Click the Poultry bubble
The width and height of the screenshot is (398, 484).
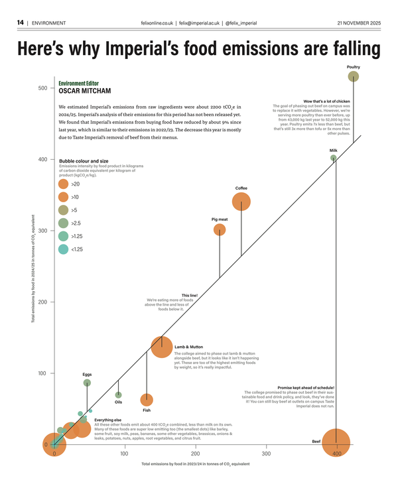pyautogui.click(x=354, y=77)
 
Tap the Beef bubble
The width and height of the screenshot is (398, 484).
pyautogui.click(x=336, y=444)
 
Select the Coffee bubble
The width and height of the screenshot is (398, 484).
pyautogui.click(x=241, y=202)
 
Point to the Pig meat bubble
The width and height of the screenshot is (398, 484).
pyautogui.click(x=220, y=229)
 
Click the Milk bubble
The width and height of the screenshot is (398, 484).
pyautogui.click(x=334, y=158)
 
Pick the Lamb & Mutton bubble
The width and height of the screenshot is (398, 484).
pyautogui.click(x=162, y=347)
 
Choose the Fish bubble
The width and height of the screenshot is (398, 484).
pyautogui.click(x=147, y=400)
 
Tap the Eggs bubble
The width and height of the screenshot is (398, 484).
pyautogui.click(x=87, y=383)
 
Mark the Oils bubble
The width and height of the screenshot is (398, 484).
pyautogui.click(x=119, y=395)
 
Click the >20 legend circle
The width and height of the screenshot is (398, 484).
pyautogui.click(x=64, y=184)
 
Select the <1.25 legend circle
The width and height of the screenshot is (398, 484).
pyautogui.click(x=64, y=249)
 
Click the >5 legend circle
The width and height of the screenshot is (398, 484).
pyautogui.click(x=64, y=210)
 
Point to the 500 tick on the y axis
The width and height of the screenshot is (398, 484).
pyautogui.click(x=42, y=88)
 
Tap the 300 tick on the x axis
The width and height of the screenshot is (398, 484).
pyautogui.click(x=266, y=454)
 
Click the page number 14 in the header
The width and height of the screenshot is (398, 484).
pyautogui.click(x=21, y=23)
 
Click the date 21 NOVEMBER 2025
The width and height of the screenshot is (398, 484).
pyautogui.click(x=359, y=23)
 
